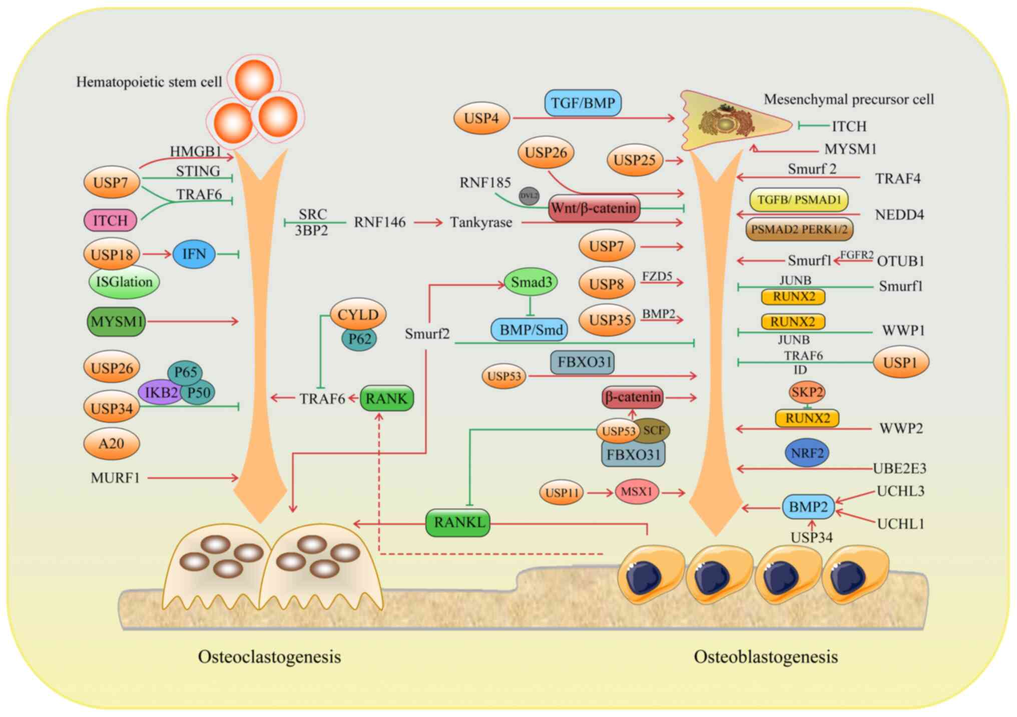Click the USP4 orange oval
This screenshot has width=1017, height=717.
click(481, 118)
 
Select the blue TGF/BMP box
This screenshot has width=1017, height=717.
click(583, 103)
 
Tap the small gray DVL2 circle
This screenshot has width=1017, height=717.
click(529, 196)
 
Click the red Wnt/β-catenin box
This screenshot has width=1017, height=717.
click(594, 208)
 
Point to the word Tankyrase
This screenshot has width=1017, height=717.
click(481, 222)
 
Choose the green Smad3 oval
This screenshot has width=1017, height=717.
click(531, 282)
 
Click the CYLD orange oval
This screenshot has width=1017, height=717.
click(358, 315)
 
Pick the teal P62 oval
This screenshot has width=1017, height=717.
click(359, 339)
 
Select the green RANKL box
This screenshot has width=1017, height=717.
click(458, 522)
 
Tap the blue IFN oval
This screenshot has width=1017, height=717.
click(194, 254)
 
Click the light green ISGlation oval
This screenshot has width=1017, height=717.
click(124, 282)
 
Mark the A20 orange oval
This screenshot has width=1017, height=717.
click(111, 443)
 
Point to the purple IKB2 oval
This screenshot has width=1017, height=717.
click(159, 392)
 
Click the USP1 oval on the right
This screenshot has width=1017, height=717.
click(900, 362)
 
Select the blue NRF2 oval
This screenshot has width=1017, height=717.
click(807, 453)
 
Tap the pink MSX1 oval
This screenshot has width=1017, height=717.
click(636, 492)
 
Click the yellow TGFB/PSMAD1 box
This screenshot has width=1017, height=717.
click(799, 200)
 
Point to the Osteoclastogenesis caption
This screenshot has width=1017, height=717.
click(269, 656)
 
